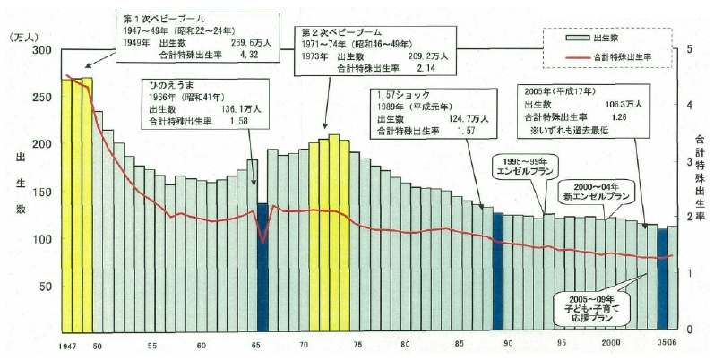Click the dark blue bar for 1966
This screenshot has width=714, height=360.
262,269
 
